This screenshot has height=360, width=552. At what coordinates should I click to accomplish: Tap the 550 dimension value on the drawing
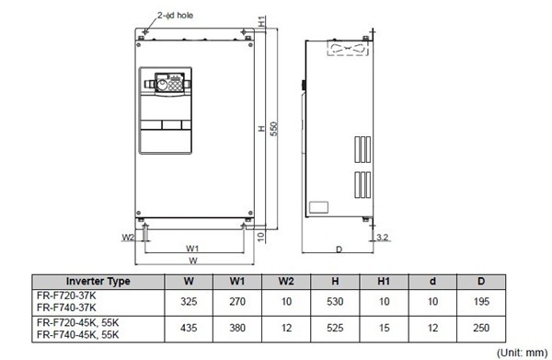pyautogui.click(x=272, y=128)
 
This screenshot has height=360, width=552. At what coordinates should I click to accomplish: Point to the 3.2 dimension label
pyautogui.click(x=382, y=238)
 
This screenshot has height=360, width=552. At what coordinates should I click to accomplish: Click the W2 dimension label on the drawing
pyautogui.click(x=128, y=237)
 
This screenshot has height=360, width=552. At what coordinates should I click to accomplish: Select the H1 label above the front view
pyautogui.click(x=262, y=19)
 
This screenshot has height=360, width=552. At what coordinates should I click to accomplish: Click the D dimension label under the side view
pyautogui.click(x=339, y=250)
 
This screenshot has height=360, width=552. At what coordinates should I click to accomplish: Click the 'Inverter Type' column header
pyautogui.click(x=98, y=281)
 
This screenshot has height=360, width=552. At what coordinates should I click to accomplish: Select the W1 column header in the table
pyautogui.click(x=236, y=281)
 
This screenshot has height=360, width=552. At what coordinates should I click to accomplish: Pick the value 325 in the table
pyautogui.click(x=189, y=300)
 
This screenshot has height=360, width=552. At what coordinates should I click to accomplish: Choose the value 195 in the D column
pyautogui.click(x=480, y=300)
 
